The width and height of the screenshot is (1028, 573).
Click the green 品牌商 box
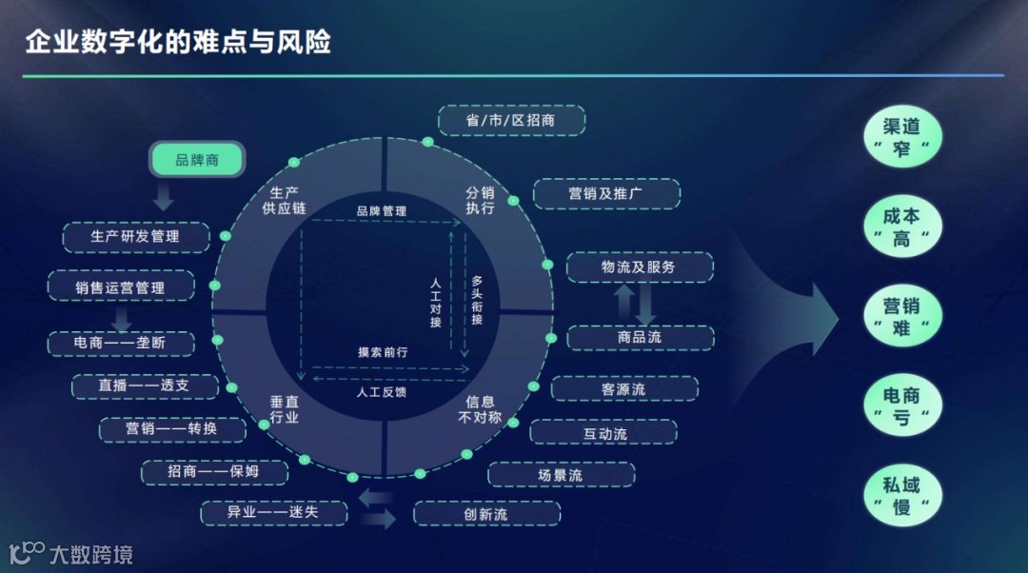point(197,160)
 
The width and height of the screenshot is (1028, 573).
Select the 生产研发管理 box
point(135,236)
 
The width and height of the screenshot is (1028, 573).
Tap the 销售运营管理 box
point(120,287)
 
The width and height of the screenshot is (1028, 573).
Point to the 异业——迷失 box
point(272,513)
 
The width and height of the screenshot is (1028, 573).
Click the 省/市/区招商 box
point(511,120)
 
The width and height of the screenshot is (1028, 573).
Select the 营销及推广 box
point(605,193)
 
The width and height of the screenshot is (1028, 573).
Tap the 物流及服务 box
point(639,267)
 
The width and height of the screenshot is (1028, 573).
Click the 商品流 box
point(640,337)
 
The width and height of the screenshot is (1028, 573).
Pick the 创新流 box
point(485,514)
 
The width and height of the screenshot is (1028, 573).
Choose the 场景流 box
point(560,474)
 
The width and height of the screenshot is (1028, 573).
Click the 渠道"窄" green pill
point(900,137)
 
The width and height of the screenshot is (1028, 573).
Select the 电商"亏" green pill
point(900,405)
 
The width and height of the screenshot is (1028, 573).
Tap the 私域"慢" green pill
point(900,495)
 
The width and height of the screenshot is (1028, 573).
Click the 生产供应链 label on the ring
point(285,200)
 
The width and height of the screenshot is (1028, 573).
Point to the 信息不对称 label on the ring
point(480,409)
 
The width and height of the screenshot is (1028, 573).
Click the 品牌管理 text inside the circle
point(382,210)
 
